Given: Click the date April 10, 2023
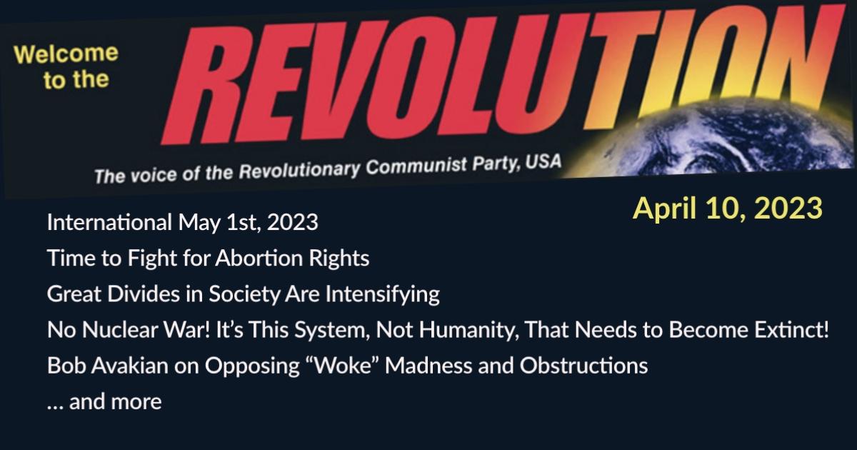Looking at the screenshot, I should pyautogui.click(x=728, y=208).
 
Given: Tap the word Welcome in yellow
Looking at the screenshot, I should pyautogui.click(x=66, y=56).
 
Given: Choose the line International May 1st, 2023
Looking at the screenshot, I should pyautogui.click(x=182, y=223).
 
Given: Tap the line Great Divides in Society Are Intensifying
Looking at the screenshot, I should pyautogui.click(x=243, y=294).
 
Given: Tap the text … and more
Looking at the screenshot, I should pyautogui.click(x=104, y=402).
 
